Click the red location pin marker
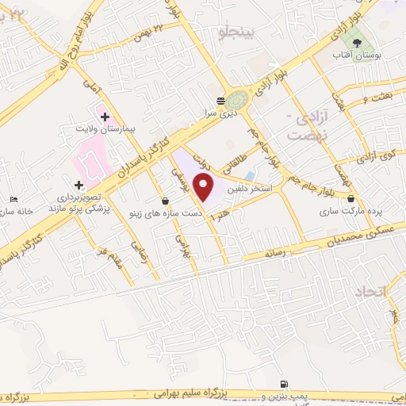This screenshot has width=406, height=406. click(205, 188)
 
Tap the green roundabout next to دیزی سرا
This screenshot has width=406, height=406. click(236, 100)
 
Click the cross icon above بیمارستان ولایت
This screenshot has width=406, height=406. click(105, 117)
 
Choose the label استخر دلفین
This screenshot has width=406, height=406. click(250, 190)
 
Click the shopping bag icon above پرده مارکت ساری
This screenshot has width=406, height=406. click(350, 200)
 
